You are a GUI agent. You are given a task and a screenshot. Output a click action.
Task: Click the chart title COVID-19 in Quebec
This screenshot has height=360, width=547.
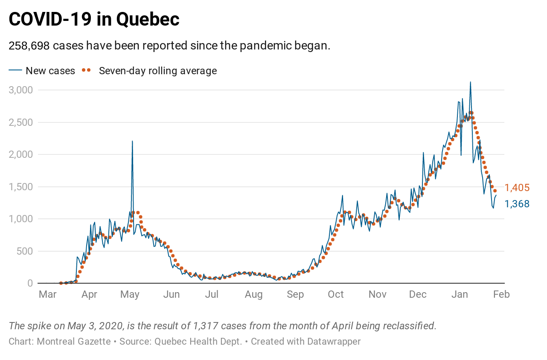[94, 19]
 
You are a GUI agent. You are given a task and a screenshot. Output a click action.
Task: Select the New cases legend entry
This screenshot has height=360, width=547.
[50, 71]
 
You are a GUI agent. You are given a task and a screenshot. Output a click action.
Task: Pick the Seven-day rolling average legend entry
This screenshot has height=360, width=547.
[158, 71]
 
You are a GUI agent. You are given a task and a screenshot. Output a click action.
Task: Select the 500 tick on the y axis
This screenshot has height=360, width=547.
[24, 251]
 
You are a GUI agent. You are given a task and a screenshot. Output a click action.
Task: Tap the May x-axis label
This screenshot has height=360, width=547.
[130, 294]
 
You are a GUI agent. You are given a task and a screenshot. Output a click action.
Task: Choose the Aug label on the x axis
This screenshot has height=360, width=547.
[254, 294]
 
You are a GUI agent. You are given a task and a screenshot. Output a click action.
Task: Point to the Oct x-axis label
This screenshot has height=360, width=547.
[336, 294]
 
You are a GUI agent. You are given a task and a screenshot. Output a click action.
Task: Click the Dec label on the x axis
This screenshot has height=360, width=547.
[418, 294]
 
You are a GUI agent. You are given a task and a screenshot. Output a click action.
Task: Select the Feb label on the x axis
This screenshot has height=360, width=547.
[502, 294]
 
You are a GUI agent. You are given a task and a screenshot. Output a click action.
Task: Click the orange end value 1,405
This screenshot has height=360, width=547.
[517, 188]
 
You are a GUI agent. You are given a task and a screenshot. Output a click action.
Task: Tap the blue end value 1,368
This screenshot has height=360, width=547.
[517, 204]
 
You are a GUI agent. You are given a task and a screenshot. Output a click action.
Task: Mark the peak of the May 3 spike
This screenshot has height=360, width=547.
[132, 141]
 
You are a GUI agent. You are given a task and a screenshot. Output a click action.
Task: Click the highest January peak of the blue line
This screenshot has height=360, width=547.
[470, 82]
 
